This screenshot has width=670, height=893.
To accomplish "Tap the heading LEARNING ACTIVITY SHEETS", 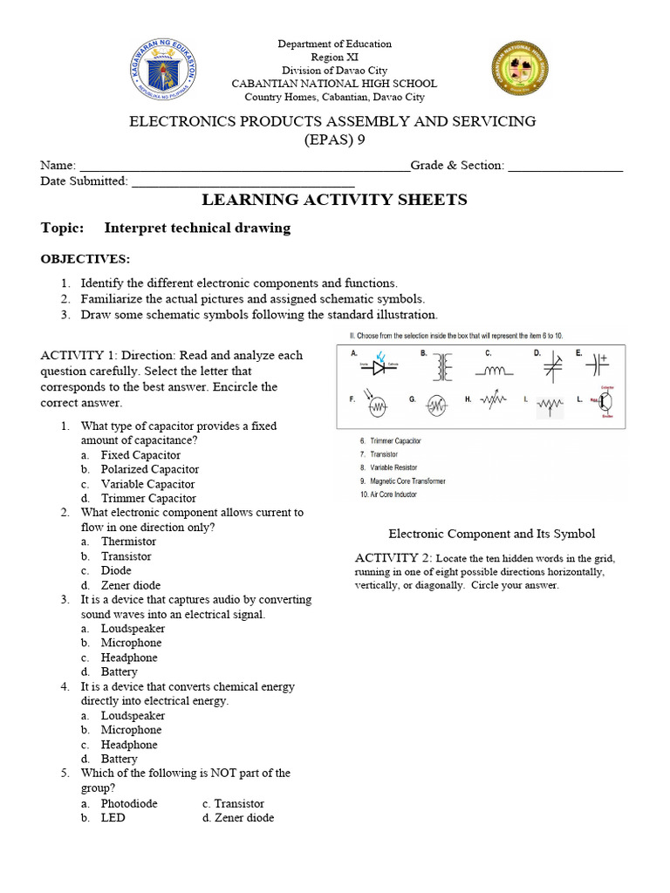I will (x=334, y=200).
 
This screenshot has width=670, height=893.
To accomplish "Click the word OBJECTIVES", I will (x=85, y=259).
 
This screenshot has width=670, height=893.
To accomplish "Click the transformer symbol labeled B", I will (x=445, y=368).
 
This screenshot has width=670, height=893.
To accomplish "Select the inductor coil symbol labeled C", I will (x=493, y=370).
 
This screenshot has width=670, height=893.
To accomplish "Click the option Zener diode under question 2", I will (x=131, y=585).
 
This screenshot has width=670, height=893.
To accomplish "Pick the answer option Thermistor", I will (x=128, y=542).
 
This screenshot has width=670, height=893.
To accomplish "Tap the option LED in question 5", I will (x=113, y=818).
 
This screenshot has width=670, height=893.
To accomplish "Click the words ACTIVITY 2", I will (x=391, y=557).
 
